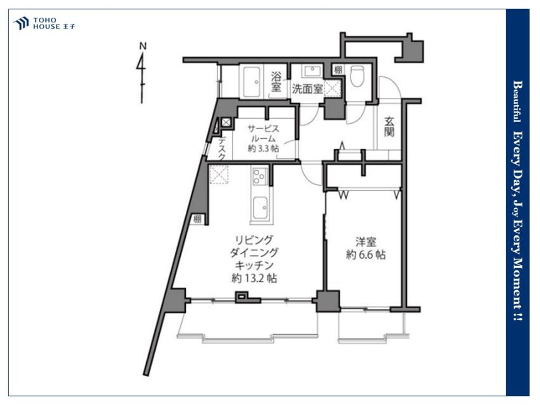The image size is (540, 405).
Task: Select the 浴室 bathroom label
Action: pos(276,82)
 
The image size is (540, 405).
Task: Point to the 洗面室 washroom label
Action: pos(307,89)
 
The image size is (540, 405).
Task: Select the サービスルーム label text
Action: pos(264,133)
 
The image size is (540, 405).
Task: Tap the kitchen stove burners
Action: pos(260,176)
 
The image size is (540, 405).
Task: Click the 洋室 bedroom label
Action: pos(366,241)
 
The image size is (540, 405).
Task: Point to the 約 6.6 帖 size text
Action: pos(366,255)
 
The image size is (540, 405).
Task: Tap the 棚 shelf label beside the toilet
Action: pos(338,70)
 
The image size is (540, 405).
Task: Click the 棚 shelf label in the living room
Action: pos(198,219)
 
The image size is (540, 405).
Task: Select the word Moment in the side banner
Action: pos(517,281)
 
